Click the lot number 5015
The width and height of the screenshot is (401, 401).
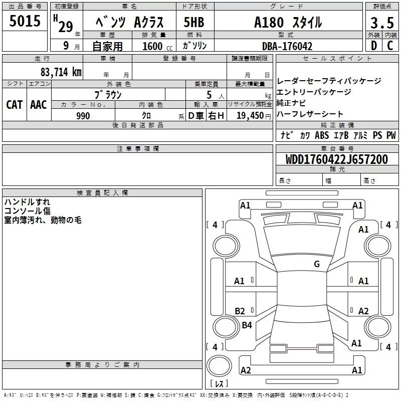click(x=25, y=21)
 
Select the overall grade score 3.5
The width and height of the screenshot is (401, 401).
click(x=382, y=23)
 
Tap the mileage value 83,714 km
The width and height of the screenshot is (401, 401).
click(x=61, y=72)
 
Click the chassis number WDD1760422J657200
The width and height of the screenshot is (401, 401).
click(x=336, y=159)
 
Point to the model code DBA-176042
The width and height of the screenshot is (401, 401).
click(x=287, y=46)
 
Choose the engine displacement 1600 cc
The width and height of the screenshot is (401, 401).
click(x=157, y=46)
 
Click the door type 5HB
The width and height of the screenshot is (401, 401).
click(x=194, y=22)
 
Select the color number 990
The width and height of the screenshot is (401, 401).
click(x=83, y=116)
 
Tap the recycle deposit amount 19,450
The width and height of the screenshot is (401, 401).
click(x=250, y=116)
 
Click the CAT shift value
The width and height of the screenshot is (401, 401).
click(x=15, y=105)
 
